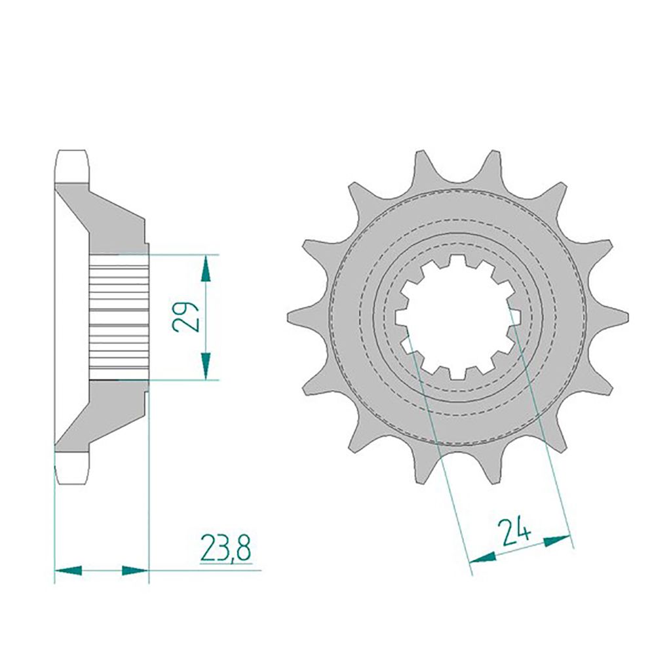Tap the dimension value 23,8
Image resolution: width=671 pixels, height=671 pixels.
225,549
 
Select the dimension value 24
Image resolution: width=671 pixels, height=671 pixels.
514,532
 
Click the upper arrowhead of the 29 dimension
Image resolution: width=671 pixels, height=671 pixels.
206,269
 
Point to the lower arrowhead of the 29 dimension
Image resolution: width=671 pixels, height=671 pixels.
206,365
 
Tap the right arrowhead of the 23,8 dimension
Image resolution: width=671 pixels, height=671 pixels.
135,571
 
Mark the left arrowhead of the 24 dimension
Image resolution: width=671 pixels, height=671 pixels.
483,557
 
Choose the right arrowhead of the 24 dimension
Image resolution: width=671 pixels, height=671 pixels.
558,541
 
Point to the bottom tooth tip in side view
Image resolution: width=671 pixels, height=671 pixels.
71,469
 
